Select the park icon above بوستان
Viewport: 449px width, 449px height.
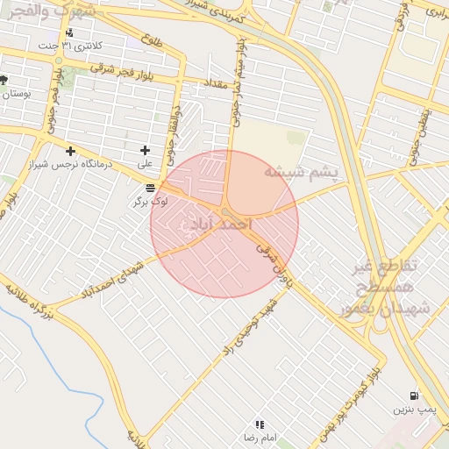pyautogui.click(x=4, y=80)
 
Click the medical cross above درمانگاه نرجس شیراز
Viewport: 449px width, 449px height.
pyautogui.click(x=70, y=151)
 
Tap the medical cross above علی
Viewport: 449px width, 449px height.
pyautogui.click(x=145, y=151)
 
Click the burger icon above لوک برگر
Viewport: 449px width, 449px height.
pyautogui.click(x=151, y=189)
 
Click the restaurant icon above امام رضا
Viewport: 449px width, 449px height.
pyautogui.click(x=260, y=424)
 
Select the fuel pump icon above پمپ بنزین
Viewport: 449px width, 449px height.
pyautogui.click(x=414, y=396)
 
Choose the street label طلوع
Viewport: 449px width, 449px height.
pyautogui.click(x=152, y=40)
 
